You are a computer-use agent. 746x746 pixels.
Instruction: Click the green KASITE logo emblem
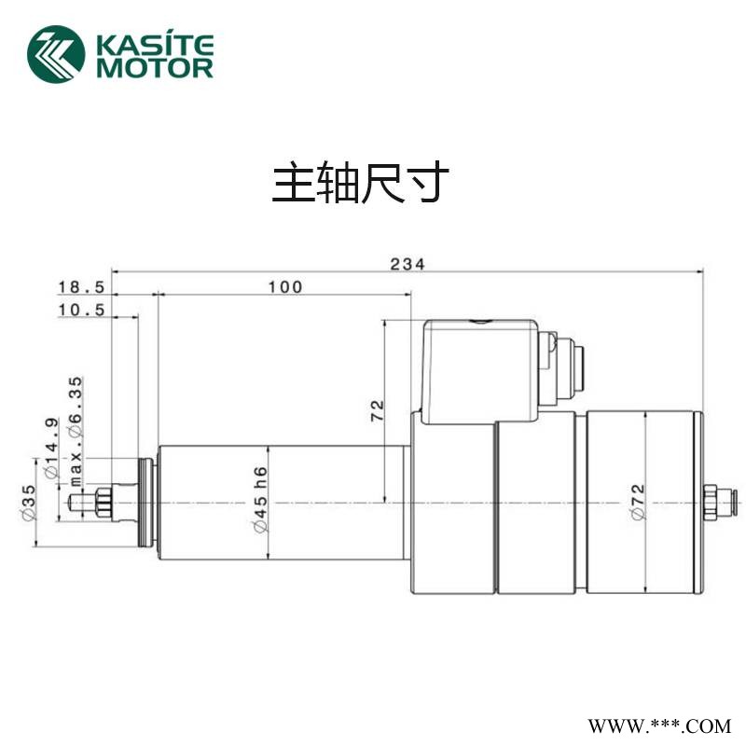point(56,52)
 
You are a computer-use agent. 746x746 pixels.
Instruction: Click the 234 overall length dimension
point(408,264)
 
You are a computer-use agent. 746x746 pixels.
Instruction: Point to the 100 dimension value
point(284,287)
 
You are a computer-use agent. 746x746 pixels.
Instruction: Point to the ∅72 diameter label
point(638,504)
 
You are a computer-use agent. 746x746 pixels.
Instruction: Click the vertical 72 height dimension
point(377,410)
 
